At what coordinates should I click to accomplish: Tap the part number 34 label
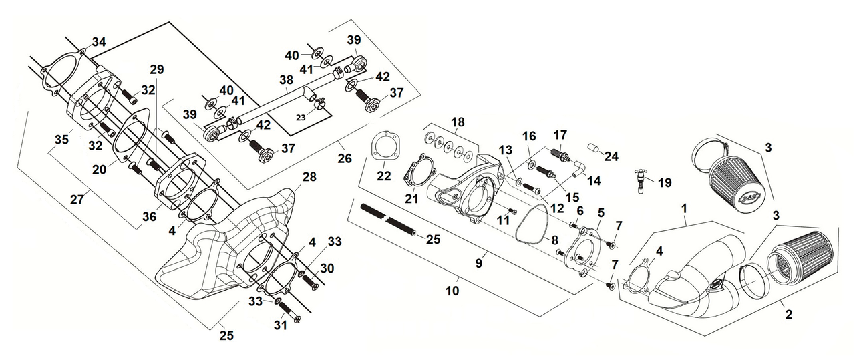coord(99,42)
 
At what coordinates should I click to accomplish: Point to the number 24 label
coord(611,157)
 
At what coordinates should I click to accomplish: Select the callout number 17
coord(559,134)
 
